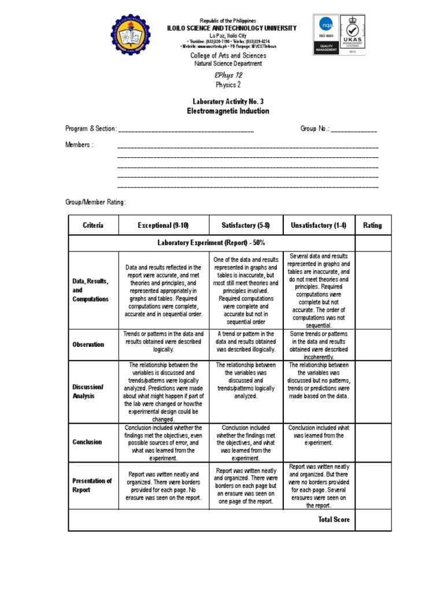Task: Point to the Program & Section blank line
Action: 186,129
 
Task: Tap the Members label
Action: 79,145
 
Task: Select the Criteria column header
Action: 93,225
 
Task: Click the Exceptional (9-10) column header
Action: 164,225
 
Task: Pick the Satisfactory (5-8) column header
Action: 246,225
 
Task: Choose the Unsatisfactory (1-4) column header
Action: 319,225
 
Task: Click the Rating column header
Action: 372,225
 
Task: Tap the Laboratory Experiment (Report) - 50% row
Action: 212,243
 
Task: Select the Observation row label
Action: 88,345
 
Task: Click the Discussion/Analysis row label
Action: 88,391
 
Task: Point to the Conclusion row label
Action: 87,442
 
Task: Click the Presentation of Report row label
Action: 92,485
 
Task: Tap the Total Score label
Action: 334,520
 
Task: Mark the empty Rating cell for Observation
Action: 372,345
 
